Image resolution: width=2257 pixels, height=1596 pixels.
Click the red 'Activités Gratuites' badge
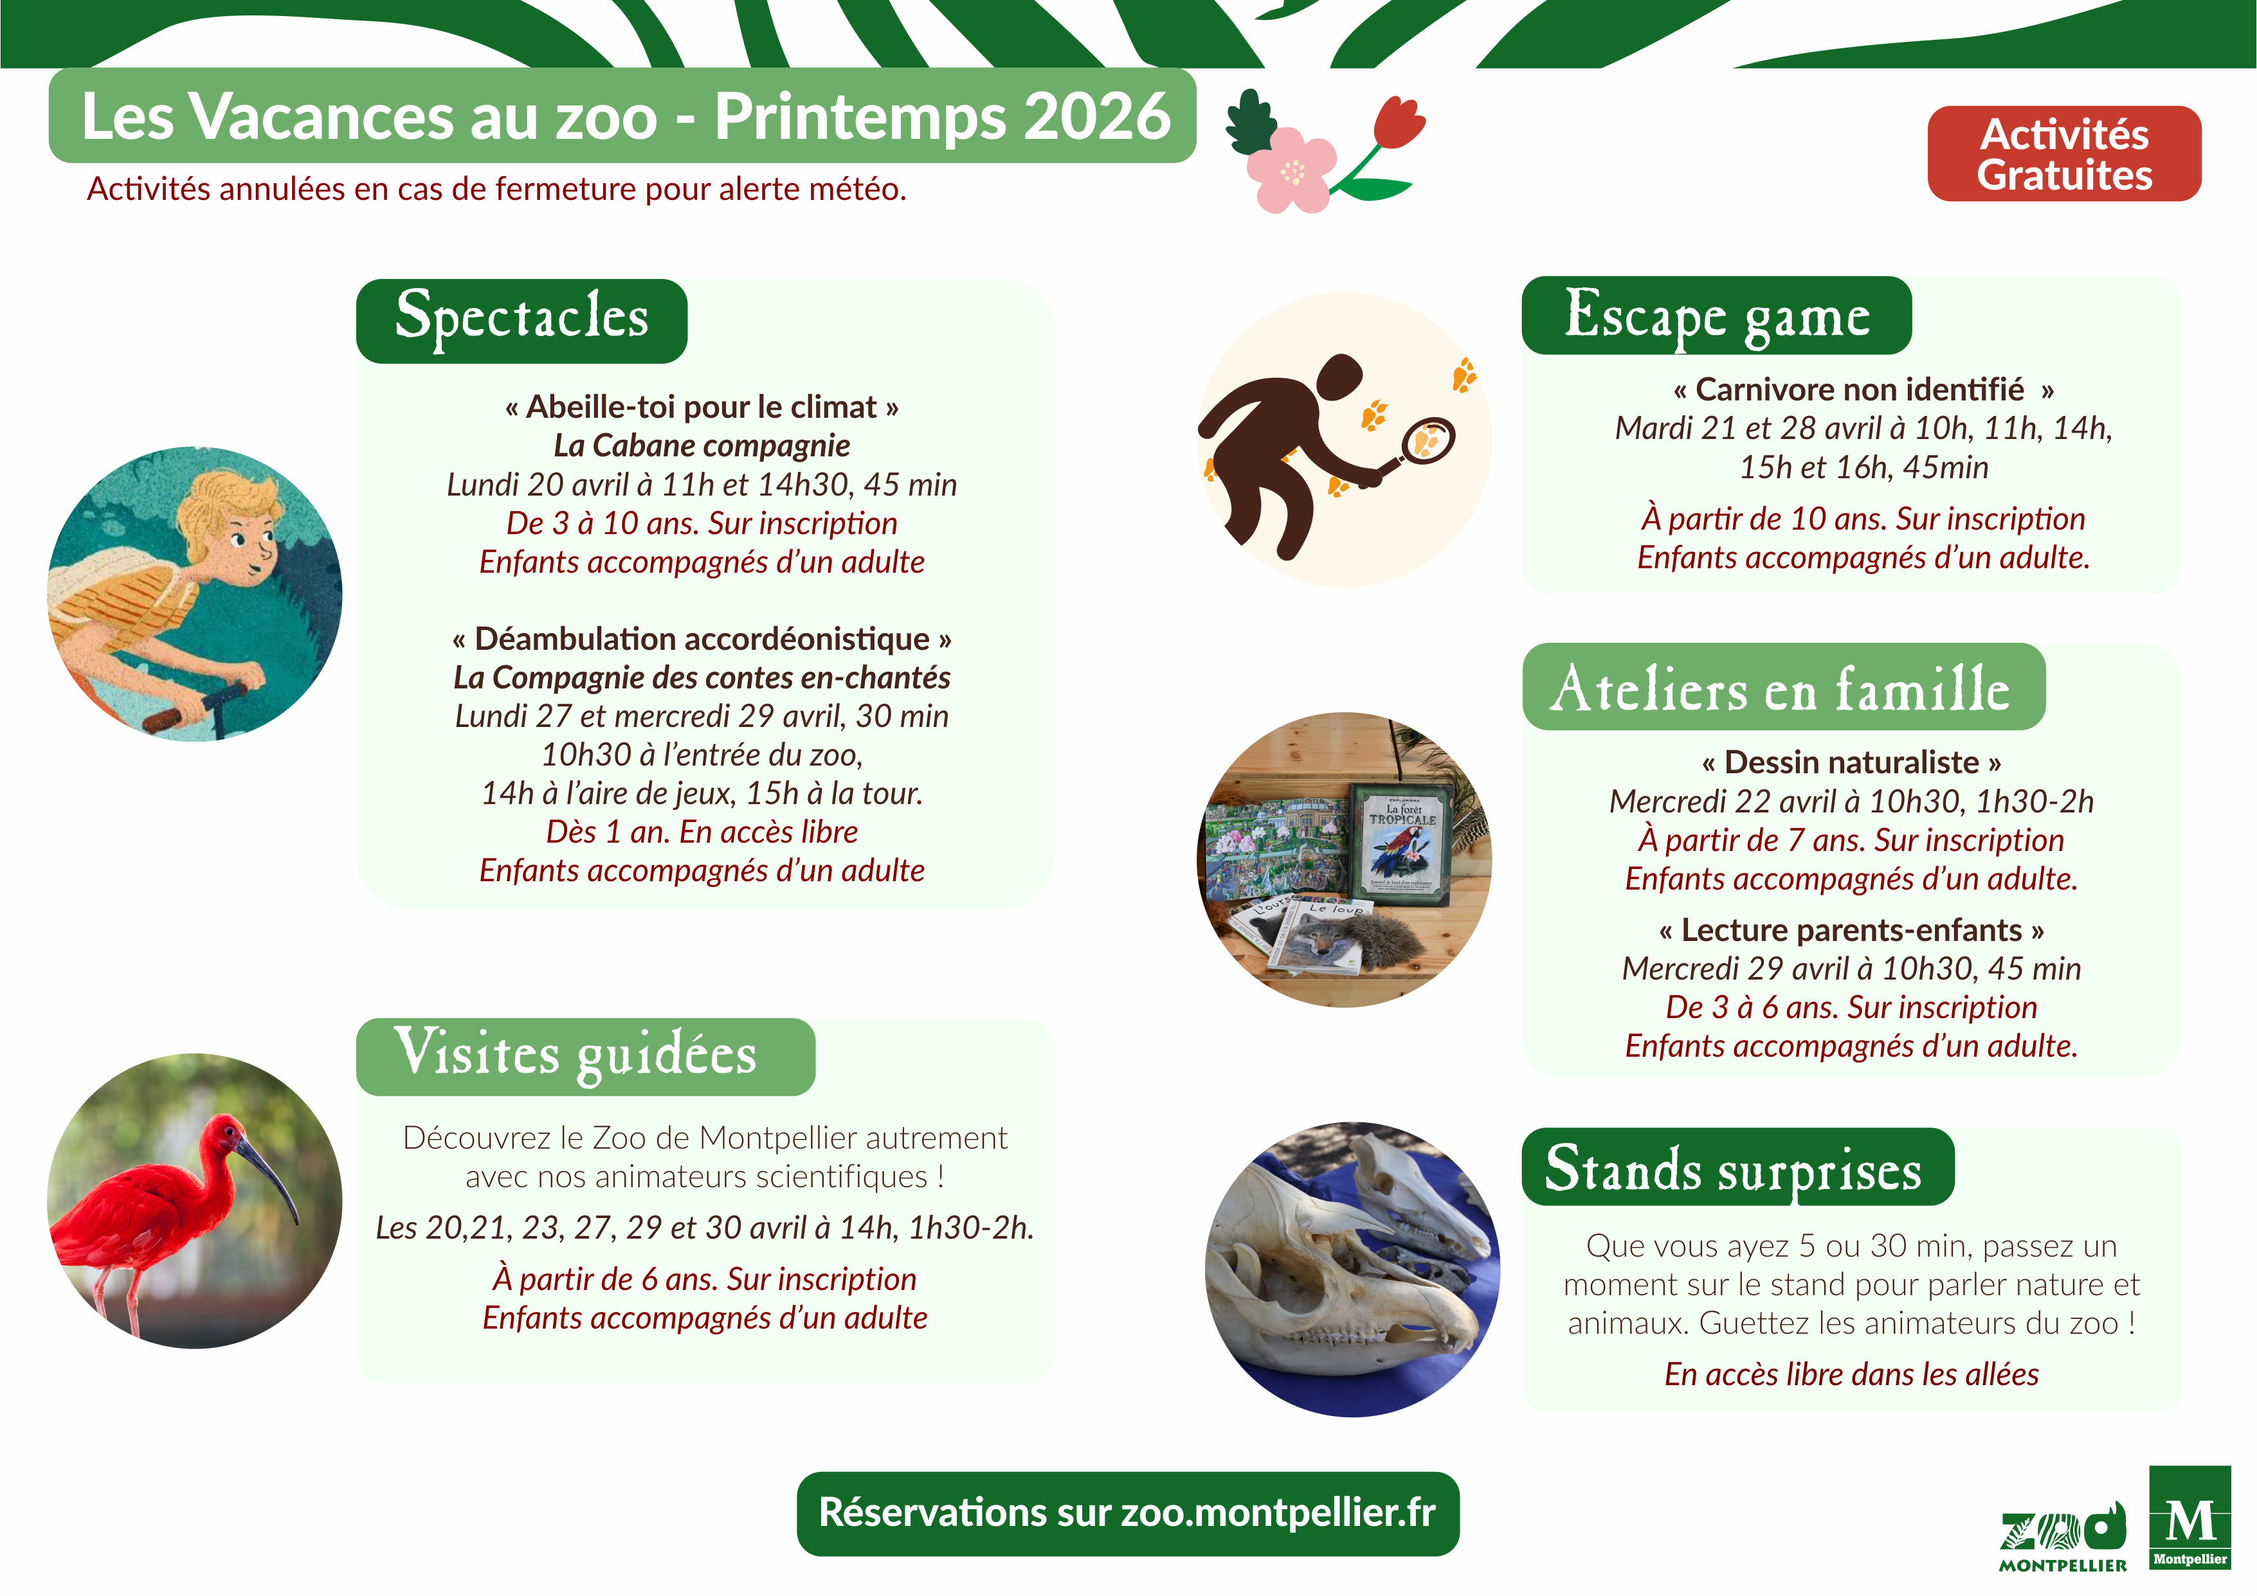2063,154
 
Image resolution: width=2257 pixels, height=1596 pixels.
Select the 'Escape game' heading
1716,316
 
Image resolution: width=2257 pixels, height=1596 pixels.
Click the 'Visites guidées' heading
585,1057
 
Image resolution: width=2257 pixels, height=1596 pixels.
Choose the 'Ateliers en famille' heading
1783,687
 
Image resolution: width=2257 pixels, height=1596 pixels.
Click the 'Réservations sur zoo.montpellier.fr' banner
1127,1514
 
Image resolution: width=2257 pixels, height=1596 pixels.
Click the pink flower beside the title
1291,171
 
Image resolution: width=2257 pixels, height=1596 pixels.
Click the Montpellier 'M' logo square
2189,1518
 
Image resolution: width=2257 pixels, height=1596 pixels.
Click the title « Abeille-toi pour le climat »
702,407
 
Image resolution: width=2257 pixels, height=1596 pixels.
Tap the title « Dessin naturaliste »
1851,762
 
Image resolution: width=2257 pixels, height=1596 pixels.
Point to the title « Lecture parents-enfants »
1851,929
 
